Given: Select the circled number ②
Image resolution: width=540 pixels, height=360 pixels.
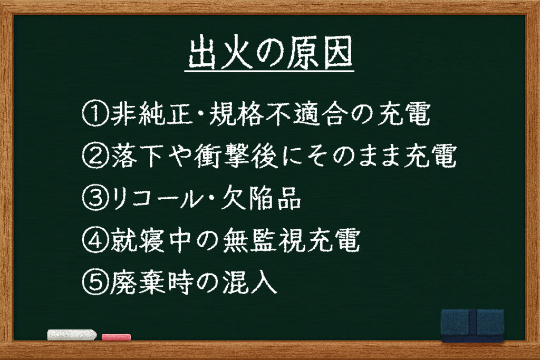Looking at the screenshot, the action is (95, 156).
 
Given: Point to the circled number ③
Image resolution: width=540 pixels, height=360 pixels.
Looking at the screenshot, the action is (95, 199).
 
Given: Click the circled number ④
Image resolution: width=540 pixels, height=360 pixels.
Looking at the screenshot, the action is (95, 240).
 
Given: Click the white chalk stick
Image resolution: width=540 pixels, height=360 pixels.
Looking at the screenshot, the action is (72, 335).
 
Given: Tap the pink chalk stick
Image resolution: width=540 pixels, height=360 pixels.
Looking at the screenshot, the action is (116, 337).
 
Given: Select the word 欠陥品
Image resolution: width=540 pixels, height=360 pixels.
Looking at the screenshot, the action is (261, 199).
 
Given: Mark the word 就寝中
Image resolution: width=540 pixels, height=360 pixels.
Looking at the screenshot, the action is (150, 240).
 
